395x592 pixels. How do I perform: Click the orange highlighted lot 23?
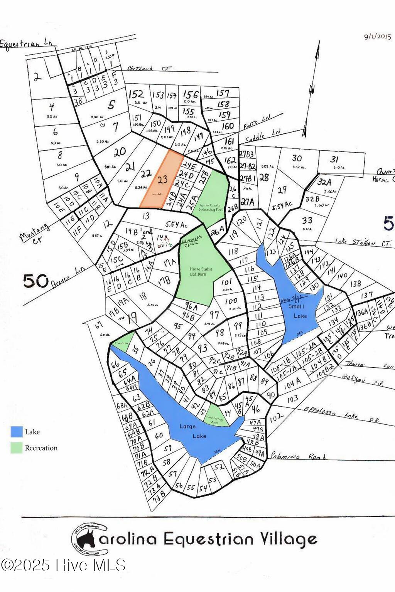[162, 180]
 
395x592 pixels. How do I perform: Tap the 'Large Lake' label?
[192, 431]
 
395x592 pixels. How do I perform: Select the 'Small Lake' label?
[300, 311]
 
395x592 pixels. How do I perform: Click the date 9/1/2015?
[377, 37]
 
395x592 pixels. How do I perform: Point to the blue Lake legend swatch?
[17, 432]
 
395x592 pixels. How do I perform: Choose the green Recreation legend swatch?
[17, 448]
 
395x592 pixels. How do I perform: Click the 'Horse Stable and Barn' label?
[198, 271]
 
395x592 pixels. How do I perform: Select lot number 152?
[136, 94]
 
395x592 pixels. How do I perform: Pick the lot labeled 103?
[292, 398]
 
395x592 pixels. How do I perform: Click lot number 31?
[334, 159]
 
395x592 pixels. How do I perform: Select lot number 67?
[100, 325]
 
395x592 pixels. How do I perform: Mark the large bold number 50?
[36, 281]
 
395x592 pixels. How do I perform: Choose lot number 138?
[355, 284]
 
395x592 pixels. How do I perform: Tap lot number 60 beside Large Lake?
[159, 436]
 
